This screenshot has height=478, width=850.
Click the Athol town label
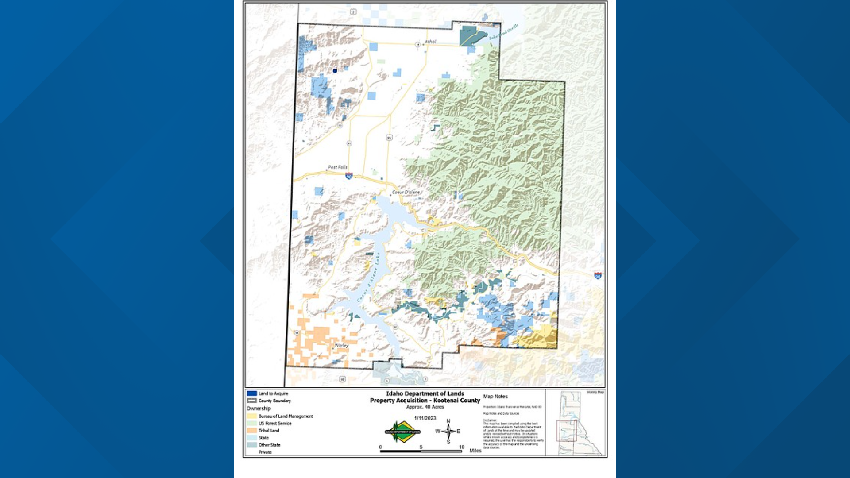tap(430, 42)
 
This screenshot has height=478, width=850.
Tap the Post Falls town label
tap(337, 167)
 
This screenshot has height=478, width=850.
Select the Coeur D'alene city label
tap(406, 192)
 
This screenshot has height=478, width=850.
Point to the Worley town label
tap(341, 346)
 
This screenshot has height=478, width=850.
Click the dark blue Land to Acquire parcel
tap(335, 71)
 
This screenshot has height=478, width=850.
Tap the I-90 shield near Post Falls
tap(349, 176)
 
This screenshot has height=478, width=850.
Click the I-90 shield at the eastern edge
tap(598, 276)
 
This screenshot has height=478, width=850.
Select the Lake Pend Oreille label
tap(504, 32)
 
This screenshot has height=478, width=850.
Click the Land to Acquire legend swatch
tap(252, 393)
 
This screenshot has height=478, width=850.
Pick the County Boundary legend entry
tap(274, 401)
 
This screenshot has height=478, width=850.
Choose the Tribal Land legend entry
tap(269, 431)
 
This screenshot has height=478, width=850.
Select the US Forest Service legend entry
tap(274, 424)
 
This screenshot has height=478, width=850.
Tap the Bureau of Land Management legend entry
tap(286, 416)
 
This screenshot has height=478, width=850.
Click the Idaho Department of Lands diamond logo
tap(402, 432)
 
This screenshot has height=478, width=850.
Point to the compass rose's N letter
tap(448, 421)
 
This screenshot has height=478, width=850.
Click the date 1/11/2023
tap(425, 418)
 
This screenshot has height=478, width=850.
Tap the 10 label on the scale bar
tap(462, 447)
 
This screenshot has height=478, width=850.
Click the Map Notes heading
tap(495, 397)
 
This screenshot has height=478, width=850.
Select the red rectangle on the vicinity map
tap(567, 431)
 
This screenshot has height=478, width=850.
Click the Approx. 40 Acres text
tap(425, 407)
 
